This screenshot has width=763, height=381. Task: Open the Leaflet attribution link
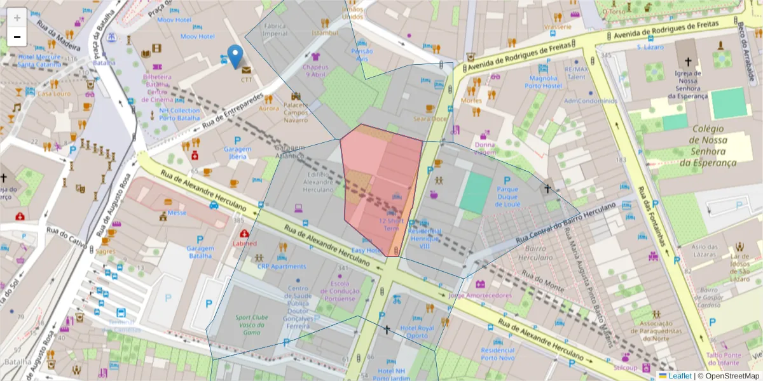pyautogui.click(x=680, y=376)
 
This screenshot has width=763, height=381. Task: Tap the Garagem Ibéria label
pyautogui.click(x=237, y=153)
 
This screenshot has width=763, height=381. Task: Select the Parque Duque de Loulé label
pyautogui.click(x=508, y=197)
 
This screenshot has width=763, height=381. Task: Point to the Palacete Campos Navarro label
pyautogui.click(x=295, y=112)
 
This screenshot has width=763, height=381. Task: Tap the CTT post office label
pyautogui.click(x=246, y=79)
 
